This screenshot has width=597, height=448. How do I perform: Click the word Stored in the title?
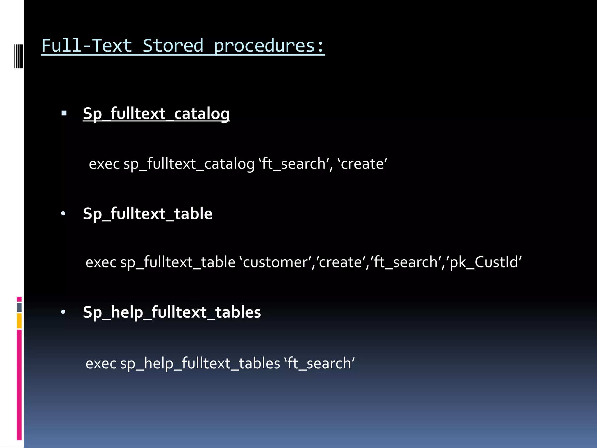173,46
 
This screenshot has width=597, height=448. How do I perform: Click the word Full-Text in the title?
87,46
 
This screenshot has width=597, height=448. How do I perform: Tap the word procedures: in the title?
269,46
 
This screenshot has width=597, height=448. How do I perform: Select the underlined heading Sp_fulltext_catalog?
156,113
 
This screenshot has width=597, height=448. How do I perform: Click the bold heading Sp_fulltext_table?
148,214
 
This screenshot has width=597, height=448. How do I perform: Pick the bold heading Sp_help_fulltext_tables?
172,312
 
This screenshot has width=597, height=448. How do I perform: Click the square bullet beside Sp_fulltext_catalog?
64,113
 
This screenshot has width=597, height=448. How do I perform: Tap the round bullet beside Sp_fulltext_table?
63,214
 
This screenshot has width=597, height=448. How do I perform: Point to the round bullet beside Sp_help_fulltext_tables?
63,312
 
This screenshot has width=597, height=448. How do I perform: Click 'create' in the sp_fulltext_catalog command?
363,164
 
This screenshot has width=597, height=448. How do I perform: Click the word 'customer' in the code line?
275,262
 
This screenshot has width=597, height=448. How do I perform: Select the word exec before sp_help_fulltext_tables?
101,363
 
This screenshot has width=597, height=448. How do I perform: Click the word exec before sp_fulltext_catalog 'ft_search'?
104,164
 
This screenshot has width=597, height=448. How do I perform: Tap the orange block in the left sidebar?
19,321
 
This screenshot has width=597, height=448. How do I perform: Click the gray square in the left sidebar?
19,307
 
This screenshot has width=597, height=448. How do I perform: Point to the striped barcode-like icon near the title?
19,56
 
